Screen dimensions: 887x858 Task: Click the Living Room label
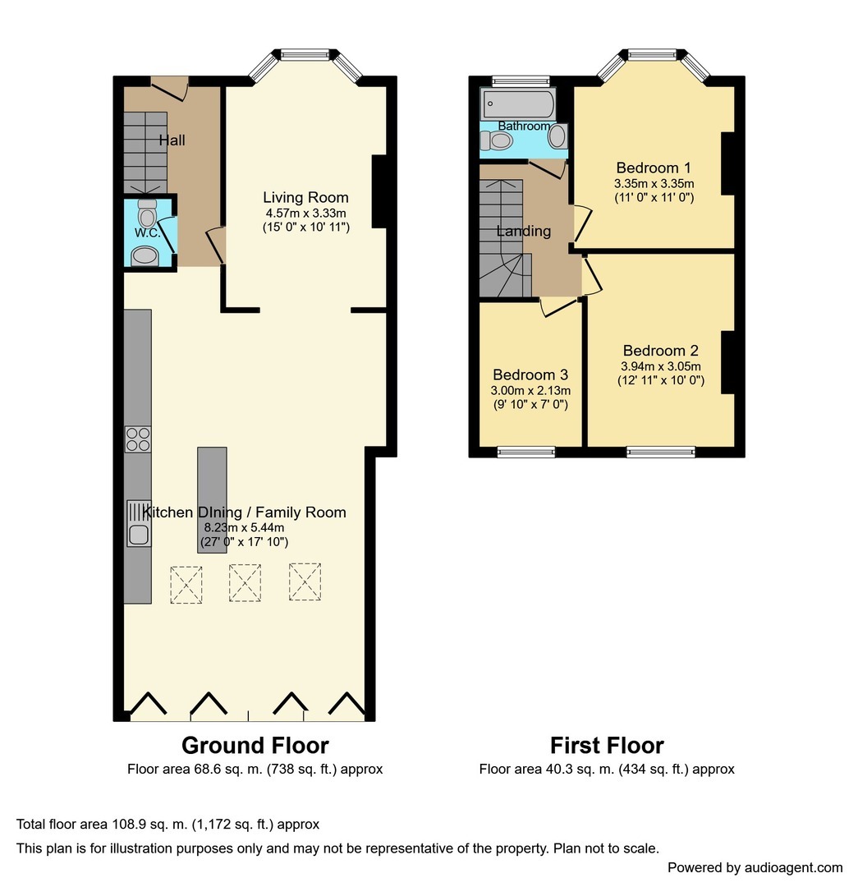pyautogui.click(x=305, y=197)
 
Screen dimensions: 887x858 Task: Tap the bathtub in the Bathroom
pyautogui.click(x=518, y=104)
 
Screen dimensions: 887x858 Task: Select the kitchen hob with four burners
pyautogui.click(x=137, y=440)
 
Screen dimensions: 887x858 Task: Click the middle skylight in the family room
pyautogui.click(x=244, y=583)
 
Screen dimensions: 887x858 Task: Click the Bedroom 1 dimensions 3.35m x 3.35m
pyautogui.click(x=654, y=183)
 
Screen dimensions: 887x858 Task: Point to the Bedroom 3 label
pyautogui.click(x=530, y=375)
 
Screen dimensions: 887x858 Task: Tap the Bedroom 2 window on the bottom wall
pyautogui.click(x=661, y=451)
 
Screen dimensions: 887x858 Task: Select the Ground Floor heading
pyautogui.click(x=255, y=745)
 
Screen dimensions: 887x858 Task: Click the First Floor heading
pyautogui.click(x=607, y=745)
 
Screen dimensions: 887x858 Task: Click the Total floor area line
pyautogui.click(x=167, y=824)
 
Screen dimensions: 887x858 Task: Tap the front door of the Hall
pyautogui.click(x=170, y=85)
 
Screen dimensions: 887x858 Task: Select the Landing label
pyautogui.click(x=523, y=231)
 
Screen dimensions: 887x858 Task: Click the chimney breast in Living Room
pyautogui.click(x=379, y=191)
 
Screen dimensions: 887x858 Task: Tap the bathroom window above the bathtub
pyautogui.click(x=521, y=80)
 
